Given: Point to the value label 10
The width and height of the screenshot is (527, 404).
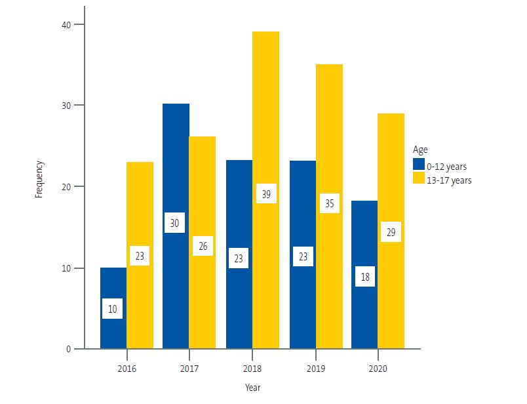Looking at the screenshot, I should point(113,309).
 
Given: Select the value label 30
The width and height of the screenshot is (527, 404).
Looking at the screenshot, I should point(175,223).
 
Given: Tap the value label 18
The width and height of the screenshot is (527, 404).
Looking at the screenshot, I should point(365,277).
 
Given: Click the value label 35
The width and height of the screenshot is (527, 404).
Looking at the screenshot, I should point(329,203).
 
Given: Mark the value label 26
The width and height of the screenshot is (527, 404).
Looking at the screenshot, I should point(203,246).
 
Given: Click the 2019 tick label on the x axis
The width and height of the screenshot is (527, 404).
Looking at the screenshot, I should point(316,369).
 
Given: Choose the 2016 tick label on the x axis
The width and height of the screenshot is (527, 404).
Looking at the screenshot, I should point(127,369).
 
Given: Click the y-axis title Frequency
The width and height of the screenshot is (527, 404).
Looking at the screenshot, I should point(39,180).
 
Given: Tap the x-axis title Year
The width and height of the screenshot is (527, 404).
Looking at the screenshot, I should point(252,388).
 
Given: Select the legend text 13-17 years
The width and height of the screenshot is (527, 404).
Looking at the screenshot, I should point(450,180).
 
